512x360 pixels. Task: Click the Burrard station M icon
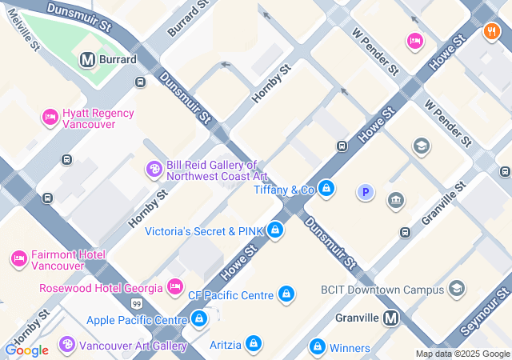pos(87,59)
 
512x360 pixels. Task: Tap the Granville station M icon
pos(391,318)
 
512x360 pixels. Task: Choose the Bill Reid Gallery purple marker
pos(154,170)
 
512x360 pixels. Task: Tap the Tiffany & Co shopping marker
pos(326,190)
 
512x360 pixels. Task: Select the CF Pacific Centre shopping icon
pos(286,294)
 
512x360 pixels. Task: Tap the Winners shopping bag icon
pos(318,347)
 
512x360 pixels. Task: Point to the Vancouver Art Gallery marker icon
pos(67,346)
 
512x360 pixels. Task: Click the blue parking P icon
pos(366,192)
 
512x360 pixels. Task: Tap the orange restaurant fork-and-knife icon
pos(491,32)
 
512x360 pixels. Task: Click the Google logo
pos(26,350)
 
